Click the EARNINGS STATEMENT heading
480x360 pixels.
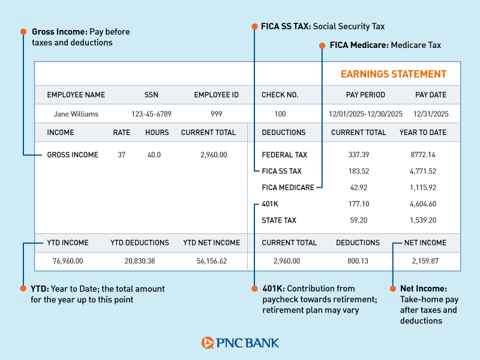point(394,74)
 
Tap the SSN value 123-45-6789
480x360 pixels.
point(151,114)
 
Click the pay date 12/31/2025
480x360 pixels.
point(431,114)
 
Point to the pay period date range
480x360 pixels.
point(365,114)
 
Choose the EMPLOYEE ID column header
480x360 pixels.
point(217,95)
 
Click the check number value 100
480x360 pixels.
point(280,114)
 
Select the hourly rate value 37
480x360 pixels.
point(122,155)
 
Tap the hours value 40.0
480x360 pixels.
point(154,155)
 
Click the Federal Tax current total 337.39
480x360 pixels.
point(359,155)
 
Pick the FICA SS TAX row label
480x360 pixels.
point(281,171)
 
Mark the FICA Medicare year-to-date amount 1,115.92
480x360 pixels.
point(423,188)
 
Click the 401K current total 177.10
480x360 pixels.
point(359,204)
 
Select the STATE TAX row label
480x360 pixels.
point(279,221)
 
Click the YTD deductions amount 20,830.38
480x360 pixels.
point(140,261)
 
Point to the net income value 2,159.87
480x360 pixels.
point(425,261)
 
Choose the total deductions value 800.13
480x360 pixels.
point(358,261)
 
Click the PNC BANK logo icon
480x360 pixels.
point(208,343)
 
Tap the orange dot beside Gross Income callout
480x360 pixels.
point(23,31)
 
